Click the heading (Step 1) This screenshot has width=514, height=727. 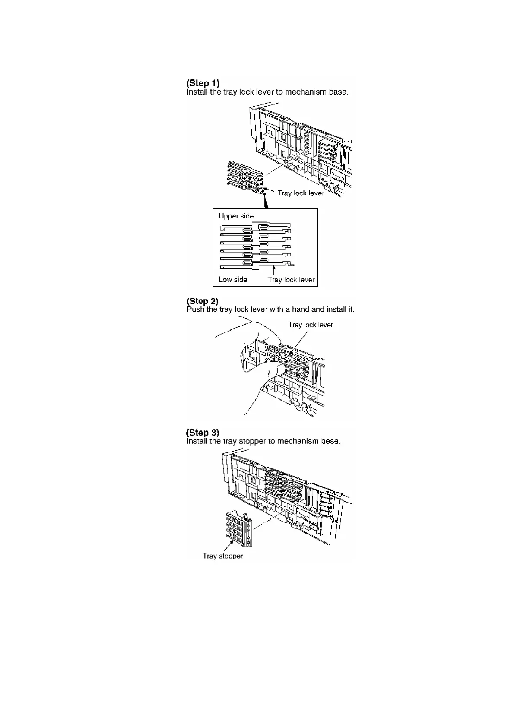[x=203, y=83]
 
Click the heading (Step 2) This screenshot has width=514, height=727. [x=202, y=301]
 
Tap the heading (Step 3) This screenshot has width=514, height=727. [x=203, y=433]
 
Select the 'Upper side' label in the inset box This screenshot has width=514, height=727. [x=236, y=216]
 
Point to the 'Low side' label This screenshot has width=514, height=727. [x=233, y=279]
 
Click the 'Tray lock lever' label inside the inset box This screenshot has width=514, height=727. [x=292, y=280]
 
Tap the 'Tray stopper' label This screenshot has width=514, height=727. [x=222, y=556]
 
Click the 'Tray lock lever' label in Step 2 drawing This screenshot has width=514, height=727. [x=311, y=325]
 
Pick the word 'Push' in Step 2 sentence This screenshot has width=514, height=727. [x=196, y=309]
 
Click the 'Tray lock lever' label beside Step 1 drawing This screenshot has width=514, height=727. [x=301, y=193]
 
